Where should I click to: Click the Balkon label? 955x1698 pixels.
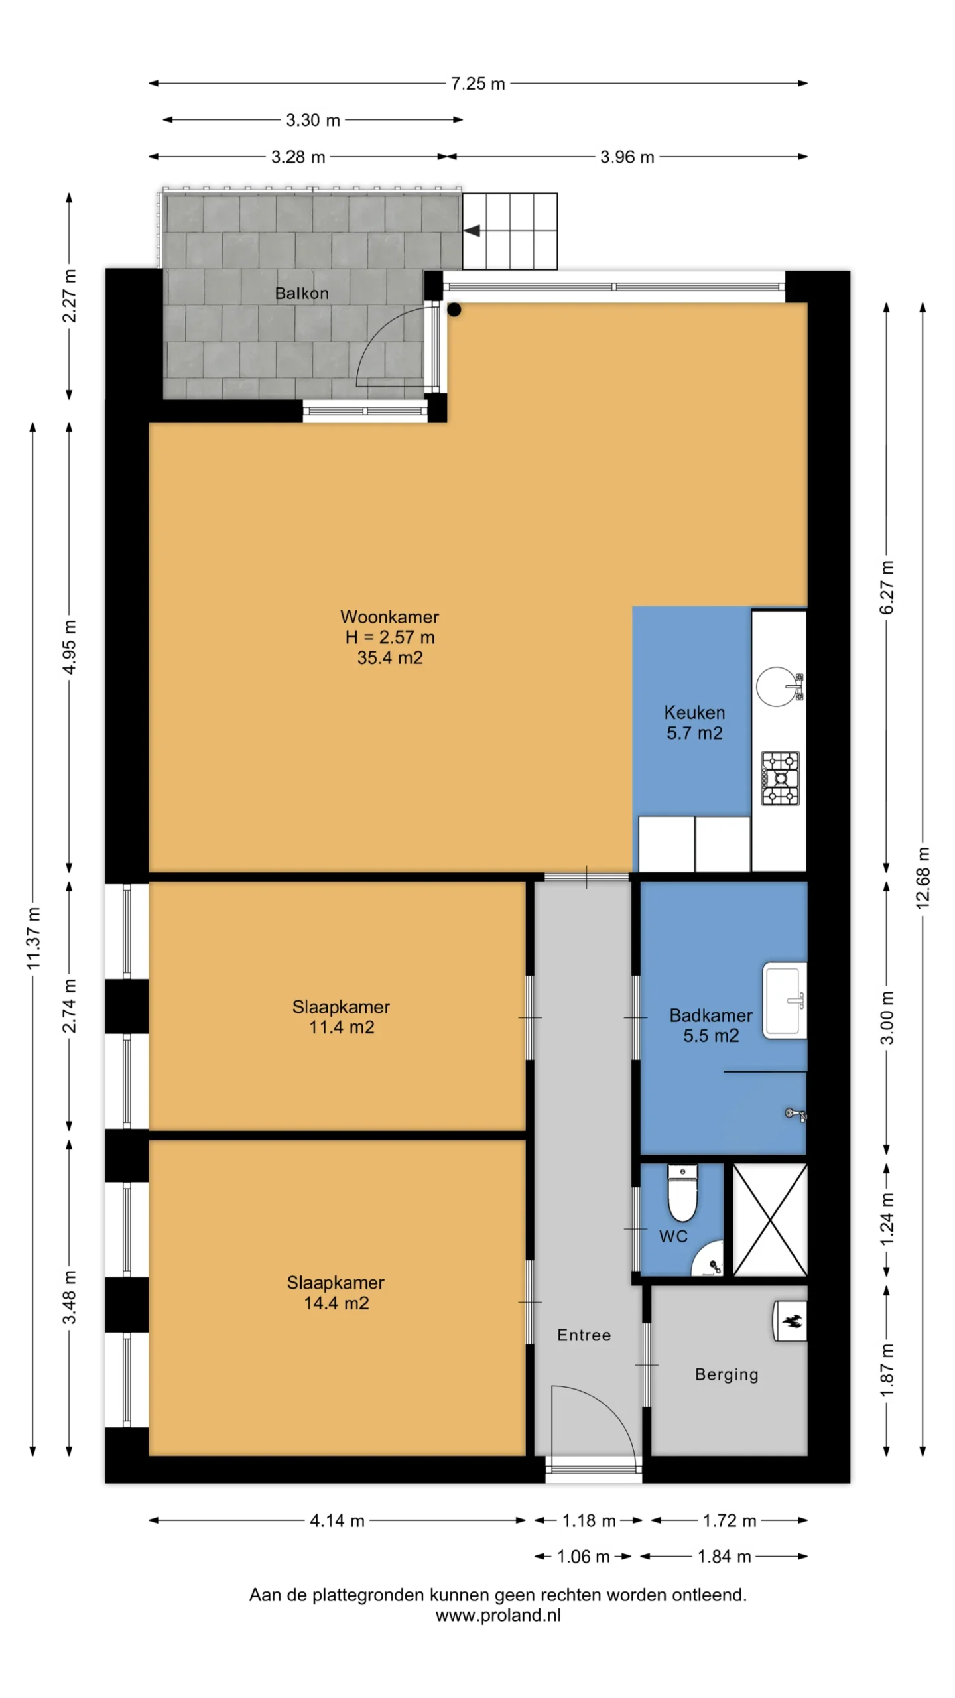302,293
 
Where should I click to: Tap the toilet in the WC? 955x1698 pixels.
682,1193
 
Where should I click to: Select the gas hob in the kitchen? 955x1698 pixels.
780,778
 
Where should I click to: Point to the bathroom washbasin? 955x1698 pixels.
785,1000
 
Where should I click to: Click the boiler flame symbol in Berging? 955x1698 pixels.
792,1321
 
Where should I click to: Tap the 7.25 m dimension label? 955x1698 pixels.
477,84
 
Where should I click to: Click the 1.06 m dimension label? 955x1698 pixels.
583,1556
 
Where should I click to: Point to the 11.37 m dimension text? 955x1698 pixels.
33,938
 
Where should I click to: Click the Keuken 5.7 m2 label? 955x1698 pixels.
694,722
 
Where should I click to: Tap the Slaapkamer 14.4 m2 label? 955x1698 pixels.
336,1292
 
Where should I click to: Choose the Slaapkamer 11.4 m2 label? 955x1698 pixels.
341,1017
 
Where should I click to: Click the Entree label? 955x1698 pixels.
584,1335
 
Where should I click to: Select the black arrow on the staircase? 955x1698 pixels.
472,231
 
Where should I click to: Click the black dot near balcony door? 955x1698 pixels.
454,309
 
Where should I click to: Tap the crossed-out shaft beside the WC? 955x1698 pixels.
769,1220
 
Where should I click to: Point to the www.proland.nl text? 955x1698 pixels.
498,1615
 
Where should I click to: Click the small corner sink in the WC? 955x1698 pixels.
708,1258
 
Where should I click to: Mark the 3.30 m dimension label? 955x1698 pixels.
313,120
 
